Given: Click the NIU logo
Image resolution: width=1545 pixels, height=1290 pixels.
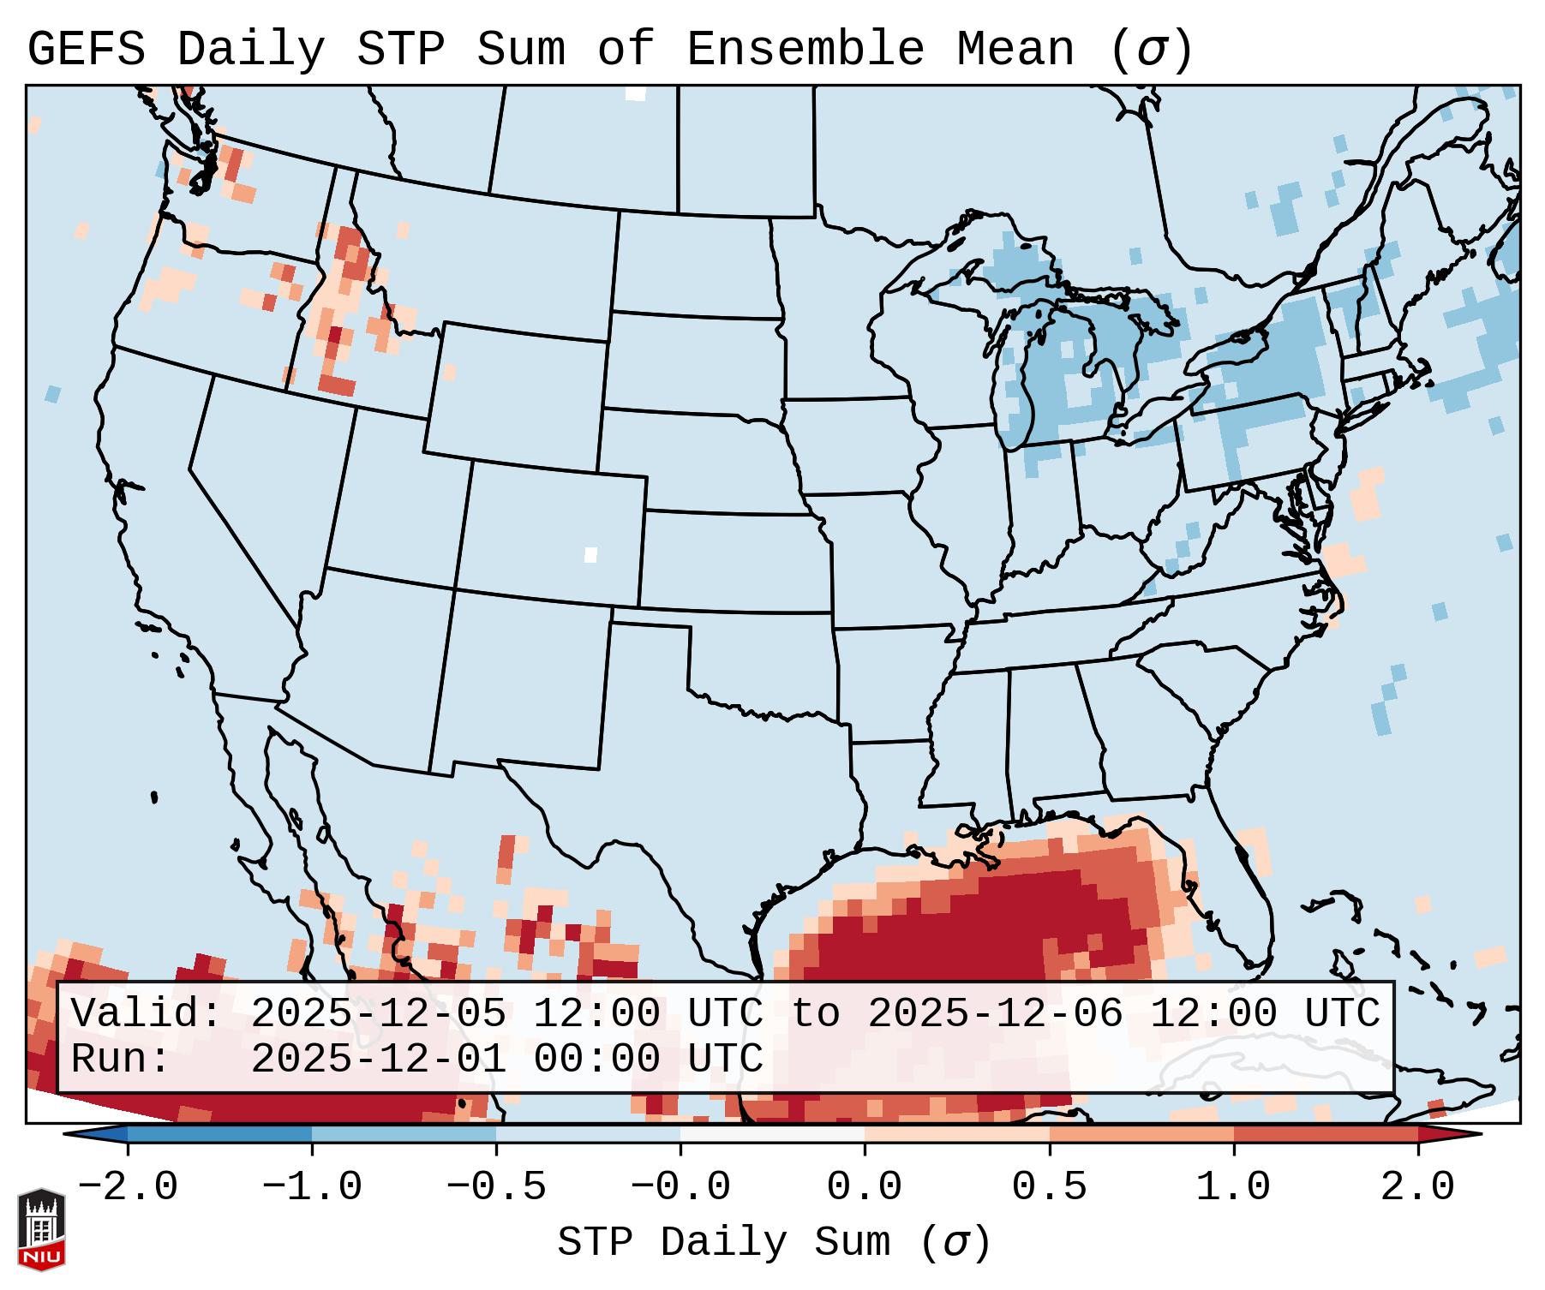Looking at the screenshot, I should [41, 1230].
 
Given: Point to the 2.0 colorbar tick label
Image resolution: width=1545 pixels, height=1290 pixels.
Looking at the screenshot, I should [1418, 1187].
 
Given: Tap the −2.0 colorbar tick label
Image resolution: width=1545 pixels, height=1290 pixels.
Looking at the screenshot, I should [128, 1187].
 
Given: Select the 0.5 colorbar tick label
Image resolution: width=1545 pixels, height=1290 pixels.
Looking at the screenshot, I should [1050, 1187].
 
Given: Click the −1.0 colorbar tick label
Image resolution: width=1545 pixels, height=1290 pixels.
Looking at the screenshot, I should [312, 1187].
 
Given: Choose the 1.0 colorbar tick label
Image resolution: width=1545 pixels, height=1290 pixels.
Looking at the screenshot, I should [1234, 1187].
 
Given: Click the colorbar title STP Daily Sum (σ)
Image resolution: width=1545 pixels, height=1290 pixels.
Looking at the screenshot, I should [774, 1243].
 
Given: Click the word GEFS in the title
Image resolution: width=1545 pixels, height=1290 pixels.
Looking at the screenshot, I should [86, 50].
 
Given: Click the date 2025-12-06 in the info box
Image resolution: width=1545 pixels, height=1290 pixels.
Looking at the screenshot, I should [996, 1013].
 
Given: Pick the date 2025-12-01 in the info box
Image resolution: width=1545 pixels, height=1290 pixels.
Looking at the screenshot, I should [378, 1059].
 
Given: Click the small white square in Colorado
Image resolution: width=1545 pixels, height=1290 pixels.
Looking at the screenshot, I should [590, 554].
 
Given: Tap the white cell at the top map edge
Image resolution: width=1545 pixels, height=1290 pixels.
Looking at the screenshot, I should [635, 93].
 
